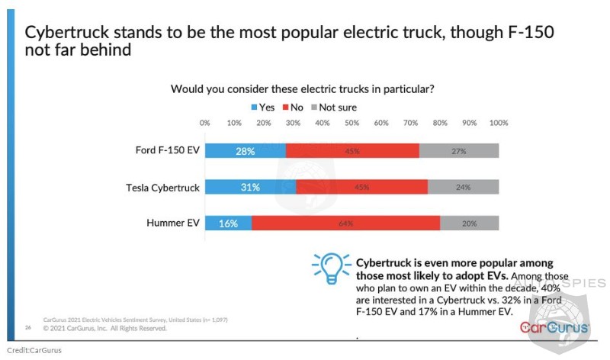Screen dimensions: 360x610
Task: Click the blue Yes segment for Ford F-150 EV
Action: [x=245, y=151]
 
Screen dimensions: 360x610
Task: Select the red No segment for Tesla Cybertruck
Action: [x=361, y=187]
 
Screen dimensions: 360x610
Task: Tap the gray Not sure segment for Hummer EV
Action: [x=469, y=223]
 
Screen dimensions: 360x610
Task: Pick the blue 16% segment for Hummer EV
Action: [x=228, y=223]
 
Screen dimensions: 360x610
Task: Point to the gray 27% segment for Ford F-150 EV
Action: [x=458, y=151]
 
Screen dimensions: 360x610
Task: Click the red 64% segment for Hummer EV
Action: [x=345, y=223]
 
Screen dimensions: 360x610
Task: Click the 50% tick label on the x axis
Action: [x=352, y=122]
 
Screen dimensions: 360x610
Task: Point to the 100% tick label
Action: [x=498, y=122]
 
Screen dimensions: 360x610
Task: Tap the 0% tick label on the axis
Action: [x=204, y=122]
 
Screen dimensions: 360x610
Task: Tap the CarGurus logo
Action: [x=554, y=327]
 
